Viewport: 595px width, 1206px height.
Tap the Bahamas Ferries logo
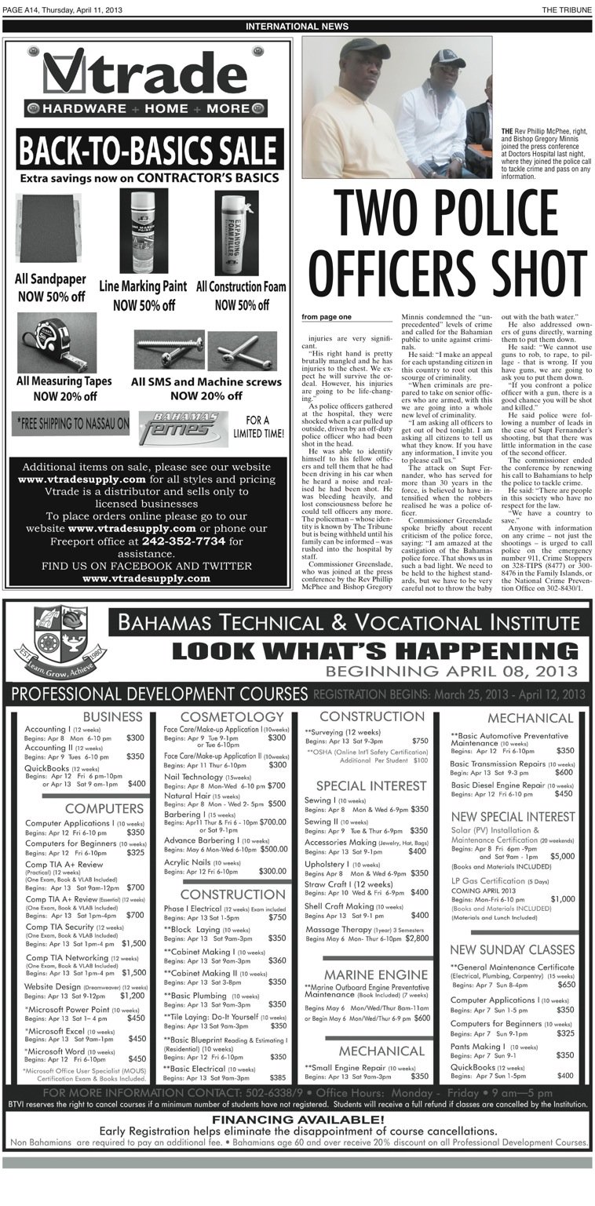pos(183,428)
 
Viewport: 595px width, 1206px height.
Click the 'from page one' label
pos(327,317)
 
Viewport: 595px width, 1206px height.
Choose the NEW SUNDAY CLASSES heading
pos(512,949)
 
